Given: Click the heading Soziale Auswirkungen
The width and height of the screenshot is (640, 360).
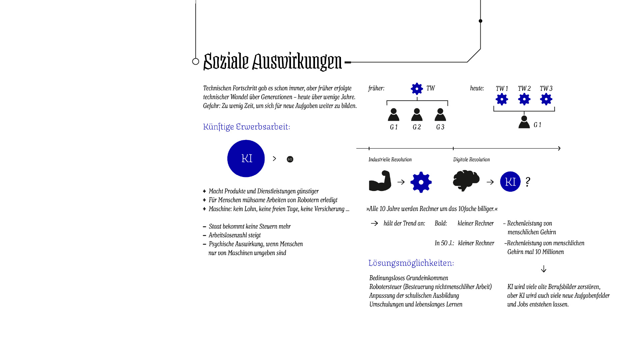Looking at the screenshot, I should click(272, 61).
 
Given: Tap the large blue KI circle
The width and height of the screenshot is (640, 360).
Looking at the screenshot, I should click(246, 158).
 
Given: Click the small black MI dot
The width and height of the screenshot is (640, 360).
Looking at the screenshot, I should click(290, 159).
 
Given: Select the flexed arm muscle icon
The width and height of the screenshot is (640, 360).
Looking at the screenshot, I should click(380, 181).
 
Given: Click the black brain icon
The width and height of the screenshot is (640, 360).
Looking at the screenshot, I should click(466, 181).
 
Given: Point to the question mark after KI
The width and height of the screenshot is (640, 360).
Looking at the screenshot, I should click(528, 182).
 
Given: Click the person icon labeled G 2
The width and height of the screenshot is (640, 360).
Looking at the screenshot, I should click(417, 115).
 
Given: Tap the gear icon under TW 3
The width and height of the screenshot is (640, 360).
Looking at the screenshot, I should click(546, 99).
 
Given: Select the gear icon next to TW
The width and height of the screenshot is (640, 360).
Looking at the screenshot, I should click(417, 89).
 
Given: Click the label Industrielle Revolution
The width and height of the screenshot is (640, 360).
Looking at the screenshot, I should click(390, 160).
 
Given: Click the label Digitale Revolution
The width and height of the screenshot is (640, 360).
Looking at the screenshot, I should click(471, 160).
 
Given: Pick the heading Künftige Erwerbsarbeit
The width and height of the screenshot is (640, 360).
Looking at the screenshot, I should click(246, 127).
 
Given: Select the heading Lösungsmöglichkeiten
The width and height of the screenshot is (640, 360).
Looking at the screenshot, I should click(411, 263).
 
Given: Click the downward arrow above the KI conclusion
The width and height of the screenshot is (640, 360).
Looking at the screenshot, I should click(544, 269).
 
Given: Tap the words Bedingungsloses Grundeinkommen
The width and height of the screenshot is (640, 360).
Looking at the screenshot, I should click(409, 278).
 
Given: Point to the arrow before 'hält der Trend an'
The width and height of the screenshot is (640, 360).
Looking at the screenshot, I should click(374, 223).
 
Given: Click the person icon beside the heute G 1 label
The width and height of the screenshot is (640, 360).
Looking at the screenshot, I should click(524, 122).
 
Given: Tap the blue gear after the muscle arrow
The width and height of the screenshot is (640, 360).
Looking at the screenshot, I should click(421, 182).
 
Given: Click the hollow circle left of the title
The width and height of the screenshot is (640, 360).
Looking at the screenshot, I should click(196, 61).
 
